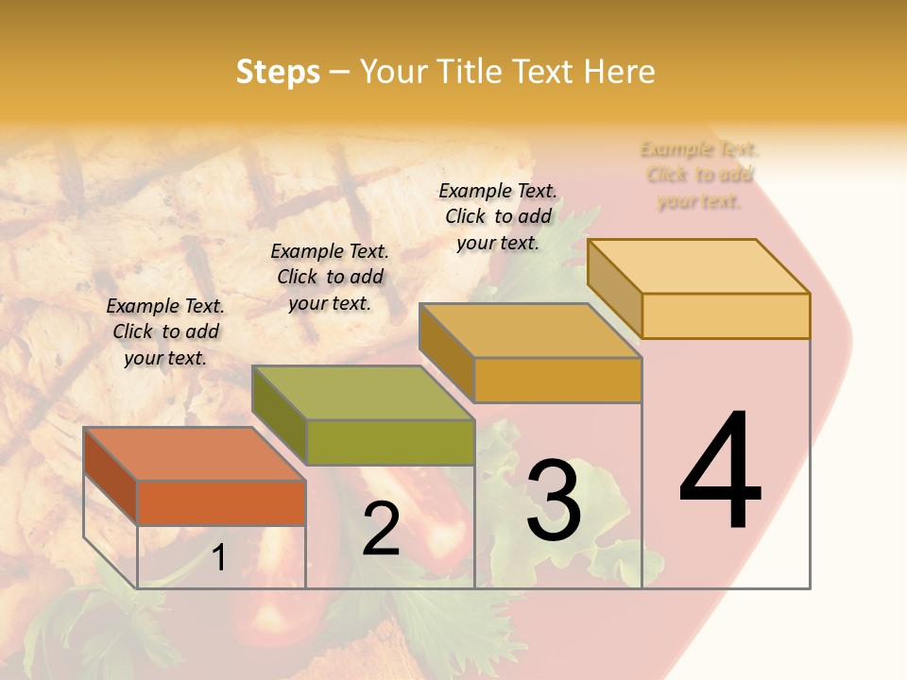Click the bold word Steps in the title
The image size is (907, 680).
point(278,72)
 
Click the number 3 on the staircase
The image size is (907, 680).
point(553,500)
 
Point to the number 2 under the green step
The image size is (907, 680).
point(381,529)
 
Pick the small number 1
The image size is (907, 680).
point(219,557)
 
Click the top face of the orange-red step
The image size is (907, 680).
point(194,453)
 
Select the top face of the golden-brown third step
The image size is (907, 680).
point(529,331)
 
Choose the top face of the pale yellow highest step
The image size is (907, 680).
point(697,265)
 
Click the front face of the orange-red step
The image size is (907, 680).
point(221,502)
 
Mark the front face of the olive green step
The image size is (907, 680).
point(389,442)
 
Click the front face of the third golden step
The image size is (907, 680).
point(557,380)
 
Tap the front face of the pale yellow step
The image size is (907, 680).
point(726,315)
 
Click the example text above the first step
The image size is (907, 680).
point(165,331)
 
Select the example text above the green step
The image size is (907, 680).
point(330,277)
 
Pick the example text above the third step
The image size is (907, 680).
point(498,216)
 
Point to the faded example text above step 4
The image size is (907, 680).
point(699,175)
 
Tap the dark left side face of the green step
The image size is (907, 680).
point(279,416)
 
